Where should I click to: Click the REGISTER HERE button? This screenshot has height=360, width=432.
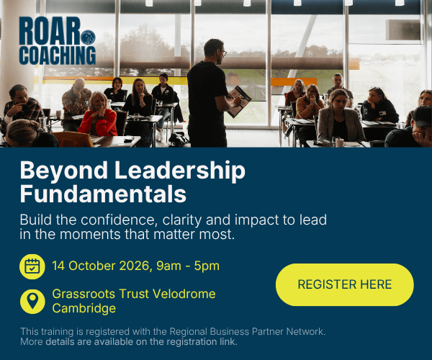pyautogui.click(x=345, y=284)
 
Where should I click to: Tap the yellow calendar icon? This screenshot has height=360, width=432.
pyautogui.click(x=32, y=266)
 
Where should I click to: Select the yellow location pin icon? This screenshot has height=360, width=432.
pyautogui.click(x=32, y=302)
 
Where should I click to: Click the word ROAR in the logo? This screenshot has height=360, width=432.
pyautogui.click(x=50, y=31)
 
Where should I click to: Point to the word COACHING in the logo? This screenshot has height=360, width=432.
pyautogui.click(x=58, y=55)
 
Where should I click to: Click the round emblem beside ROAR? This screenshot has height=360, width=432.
pyautogui.click(x=88, y=37)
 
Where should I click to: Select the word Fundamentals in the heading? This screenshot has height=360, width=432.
pyautogui.click(x=103, y=194)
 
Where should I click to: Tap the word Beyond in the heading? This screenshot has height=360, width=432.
pyautogui.click(x=63, y=171)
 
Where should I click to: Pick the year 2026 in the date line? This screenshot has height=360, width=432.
pyautogui.click(x=134, y=266)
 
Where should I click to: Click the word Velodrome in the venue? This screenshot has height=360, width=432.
pyautogui.click(x=184, y=294)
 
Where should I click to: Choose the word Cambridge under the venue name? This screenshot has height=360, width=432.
pyautogui.click(x=84, y=308)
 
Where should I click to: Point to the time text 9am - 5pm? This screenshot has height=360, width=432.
pyautogui.click(x=188, y=266)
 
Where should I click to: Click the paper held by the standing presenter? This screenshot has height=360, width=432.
pyautogui.click(x=238, y=102)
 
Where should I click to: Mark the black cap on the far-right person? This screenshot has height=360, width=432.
pyautogui.click(x=422, y=115)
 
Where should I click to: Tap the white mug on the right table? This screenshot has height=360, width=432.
pyautogui.click(x=340, y=143)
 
